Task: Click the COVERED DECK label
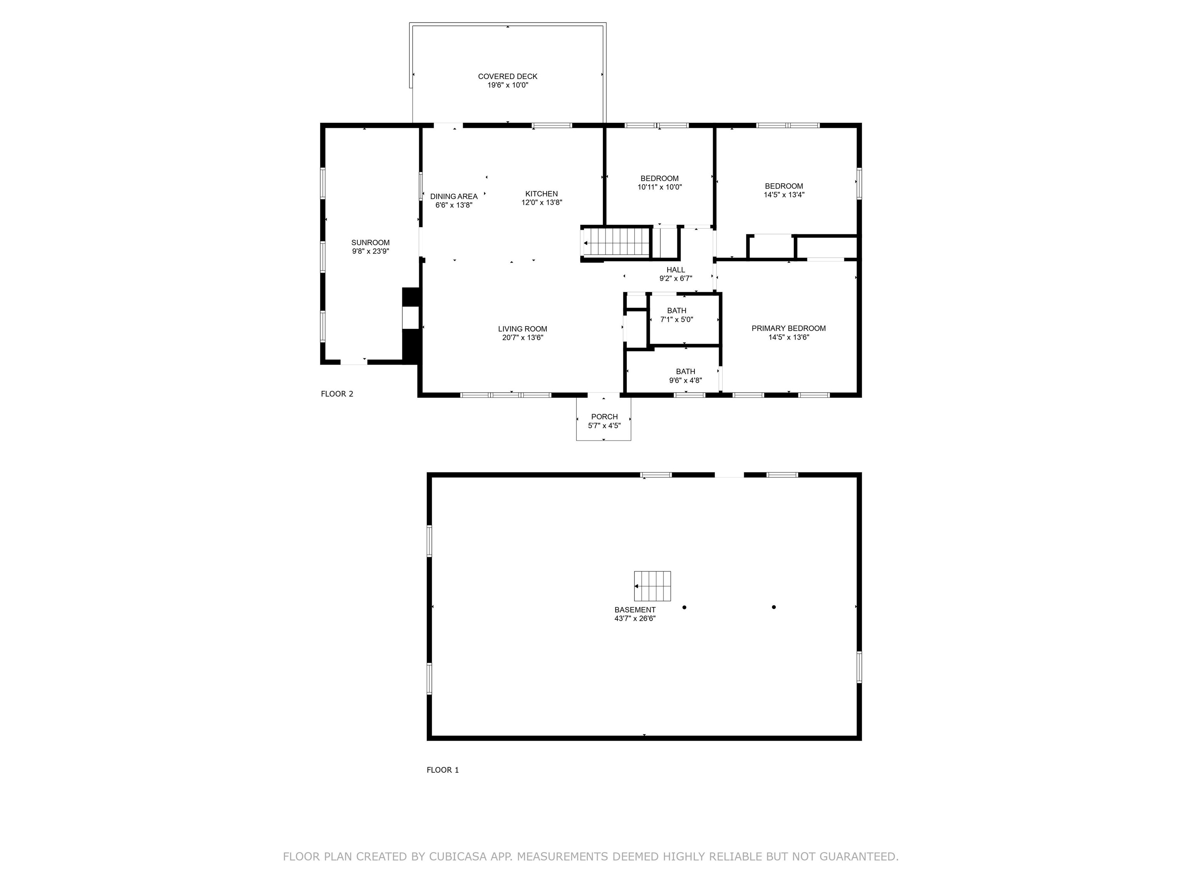coord(508,77)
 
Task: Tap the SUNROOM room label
coord(370,243)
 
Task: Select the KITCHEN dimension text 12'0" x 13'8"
coord(542,203)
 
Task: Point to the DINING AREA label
coord(454,197)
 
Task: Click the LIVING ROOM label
coord(523,329)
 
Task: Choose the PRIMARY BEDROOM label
coord(789,328)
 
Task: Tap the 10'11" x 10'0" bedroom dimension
coord(660,187)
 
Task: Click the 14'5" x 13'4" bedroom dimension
coord(784,195)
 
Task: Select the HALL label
coord(676,270)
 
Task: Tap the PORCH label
coord(604,417)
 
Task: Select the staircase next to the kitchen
coord(617,243)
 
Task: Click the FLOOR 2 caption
coord(337,394)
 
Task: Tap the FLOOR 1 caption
coord(443,770)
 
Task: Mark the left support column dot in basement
coord(684,608)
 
